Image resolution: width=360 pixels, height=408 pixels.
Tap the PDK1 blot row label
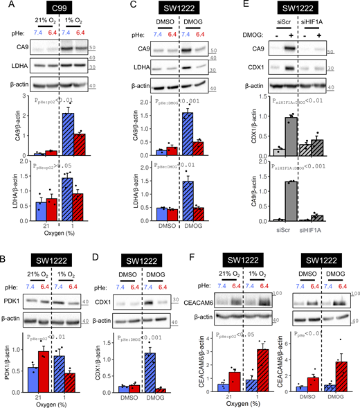[15, 282]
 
